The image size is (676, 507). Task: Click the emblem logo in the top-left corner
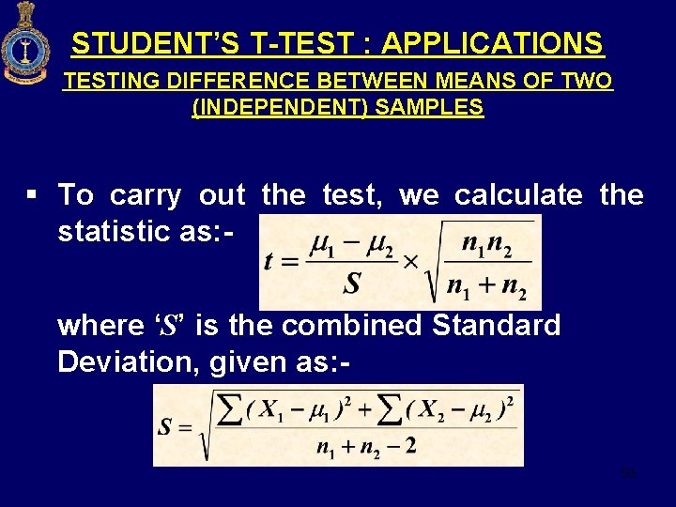tap(25, 43)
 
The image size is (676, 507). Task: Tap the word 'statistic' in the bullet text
tap(116, 231)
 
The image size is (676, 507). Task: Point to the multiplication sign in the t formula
tap(410, 262)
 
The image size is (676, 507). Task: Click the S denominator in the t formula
tap(353, 283)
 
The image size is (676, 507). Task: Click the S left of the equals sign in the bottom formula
tap(165, 427)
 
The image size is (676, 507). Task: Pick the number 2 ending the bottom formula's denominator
tap(409, 447)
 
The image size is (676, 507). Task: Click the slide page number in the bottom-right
tap(628, 473)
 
